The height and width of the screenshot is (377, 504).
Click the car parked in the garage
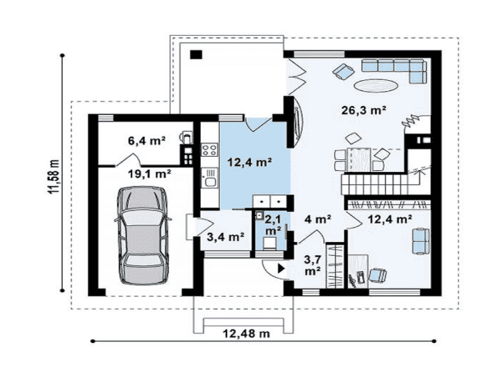(142, 236)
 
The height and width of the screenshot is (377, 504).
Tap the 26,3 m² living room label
(364, 111)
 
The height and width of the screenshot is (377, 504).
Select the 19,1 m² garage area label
(149, 174)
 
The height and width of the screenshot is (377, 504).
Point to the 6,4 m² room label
(146, 141)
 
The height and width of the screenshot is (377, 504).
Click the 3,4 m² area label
(226, 237)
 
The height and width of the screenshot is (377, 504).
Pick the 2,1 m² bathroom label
(272, 224)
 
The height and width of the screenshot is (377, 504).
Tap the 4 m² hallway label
(318, 220)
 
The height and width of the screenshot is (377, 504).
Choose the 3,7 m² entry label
(312, 265)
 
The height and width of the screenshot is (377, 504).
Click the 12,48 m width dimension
(247, 334)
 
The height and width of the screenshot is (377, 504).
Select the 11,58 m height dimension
(54, 176)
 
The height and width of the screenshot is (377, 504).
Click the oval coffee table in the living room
(376, 86)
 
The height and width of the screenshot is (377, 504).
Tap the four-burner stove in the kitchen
(209, 150)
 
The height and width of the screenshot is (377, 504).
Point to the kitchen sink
(210, 178)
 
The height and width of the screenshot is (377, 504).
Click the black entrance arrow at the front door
(282, 269)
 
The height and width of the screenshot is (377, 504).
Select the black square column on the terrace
(196, 54)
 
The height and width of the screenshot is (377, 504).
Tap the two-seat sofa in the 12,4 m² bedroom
(421, 241)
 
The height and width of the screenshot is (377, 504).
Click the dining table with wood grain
(359, 159)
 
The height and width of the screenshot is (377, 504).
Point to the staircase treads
(374, 183)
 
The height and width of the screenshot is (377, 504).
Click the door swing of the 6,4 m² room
(128, 159)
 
